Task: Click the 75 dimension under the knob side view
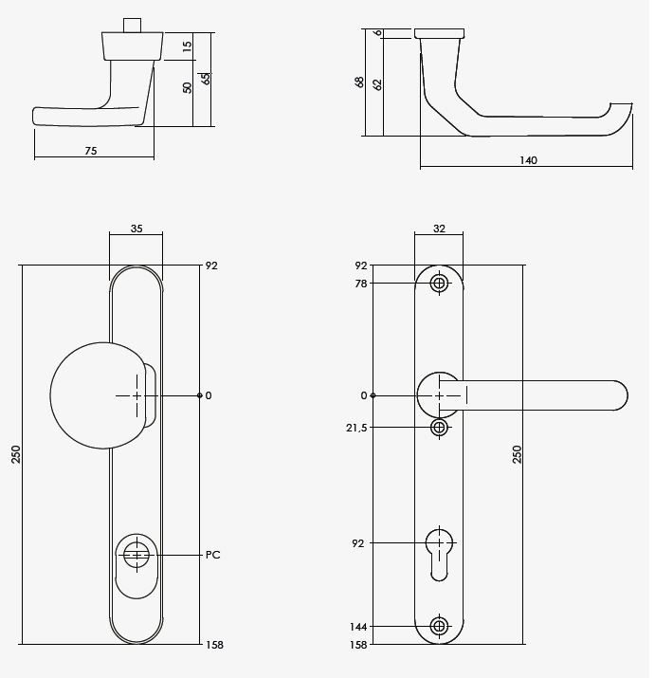click(x=91, y=151)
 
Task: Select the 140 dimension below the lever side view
click(x=528, y=161)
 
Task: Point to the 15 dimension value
click(x=187, y=45)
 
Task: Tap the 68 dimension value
click(x=358, y=82)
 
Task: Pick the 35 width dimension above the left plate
click(x=136, y=229)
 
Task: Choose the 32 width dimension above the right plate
click(x=439, y=229)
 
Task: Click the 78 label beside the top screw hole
click(x=361, y=283)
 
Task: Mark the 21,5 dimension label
click(x=356, y=428)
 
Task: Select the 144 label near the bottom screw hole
click(x=359, y=627)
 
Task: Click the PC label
click(x=213, y=555)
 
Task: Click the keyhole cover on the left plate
click(x=137, y=555)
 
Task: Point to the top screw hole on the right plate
click(x=439, y=283)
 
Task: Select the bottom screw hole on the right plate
click(x=439, y=626)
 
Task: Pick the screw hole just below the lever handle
click(x=439, y=428)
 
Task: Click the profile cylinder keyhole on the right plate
click(x=439, y=550)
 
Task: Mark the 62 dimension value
click(x=377, y=83)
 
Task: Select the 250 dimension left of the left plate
click(x=15, y=455)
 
